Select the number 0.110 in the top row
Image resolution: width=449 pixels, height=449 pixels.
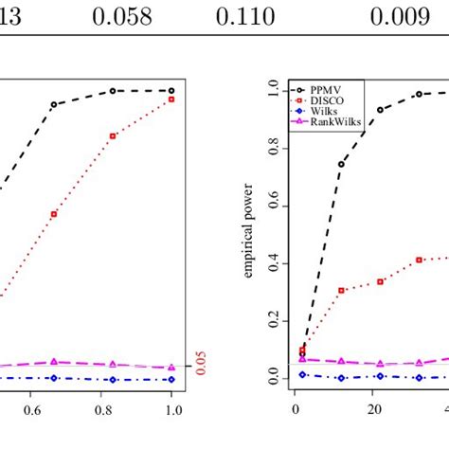[x=244, y=16]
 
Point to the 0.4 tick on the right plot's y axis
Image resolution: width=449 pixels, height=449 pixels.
[x=274, y=262]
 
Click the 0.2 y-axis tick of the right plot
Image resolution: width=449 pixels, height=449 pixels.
[x=274, y=321]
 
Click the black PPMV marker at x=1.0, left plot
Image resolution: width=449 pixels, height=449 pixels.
[x=172, y=91]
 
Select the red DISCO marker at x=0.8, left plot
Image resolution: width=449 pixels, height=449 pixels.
[x=113, y=135]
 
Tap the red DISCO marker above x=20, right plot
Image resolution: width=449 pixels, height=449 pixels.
[x=380, y=281]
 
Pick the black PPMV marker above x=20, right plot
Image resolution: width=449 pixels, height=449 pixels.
[x=380, y=110]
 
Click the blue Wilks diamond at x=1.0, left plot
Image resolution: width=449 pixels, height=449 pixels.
[x=172, y=379]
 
